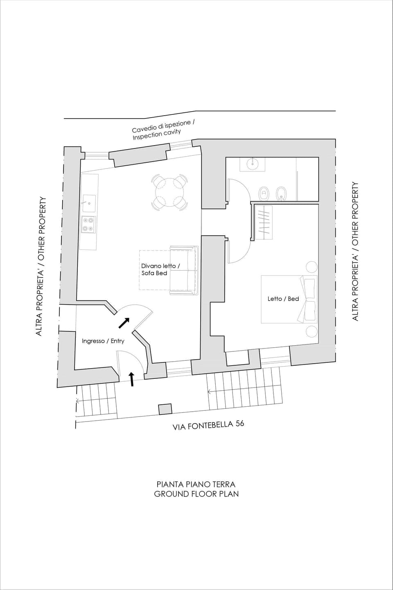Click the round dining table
[170, 191]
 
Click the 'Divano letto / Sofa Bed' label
[160, 269]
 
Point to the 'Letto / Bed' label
[283, 298]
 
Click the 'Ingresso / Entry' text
[103, 341]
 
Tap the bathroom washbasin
[253, 164]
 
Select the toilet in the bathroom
[264, 193]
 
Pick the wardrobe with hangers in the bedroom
[264, 222]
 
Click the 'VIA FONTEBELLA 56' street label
[209, 425]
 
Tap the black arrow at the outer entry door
[132, 379]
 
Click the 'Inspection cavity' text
[156, 135]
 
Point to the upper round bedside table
[311, 267]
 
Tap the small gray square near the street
[165, 409]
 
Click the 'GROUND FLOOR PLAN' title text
[196, 494]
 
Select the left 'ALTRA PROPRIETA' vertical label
[40, 267]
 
